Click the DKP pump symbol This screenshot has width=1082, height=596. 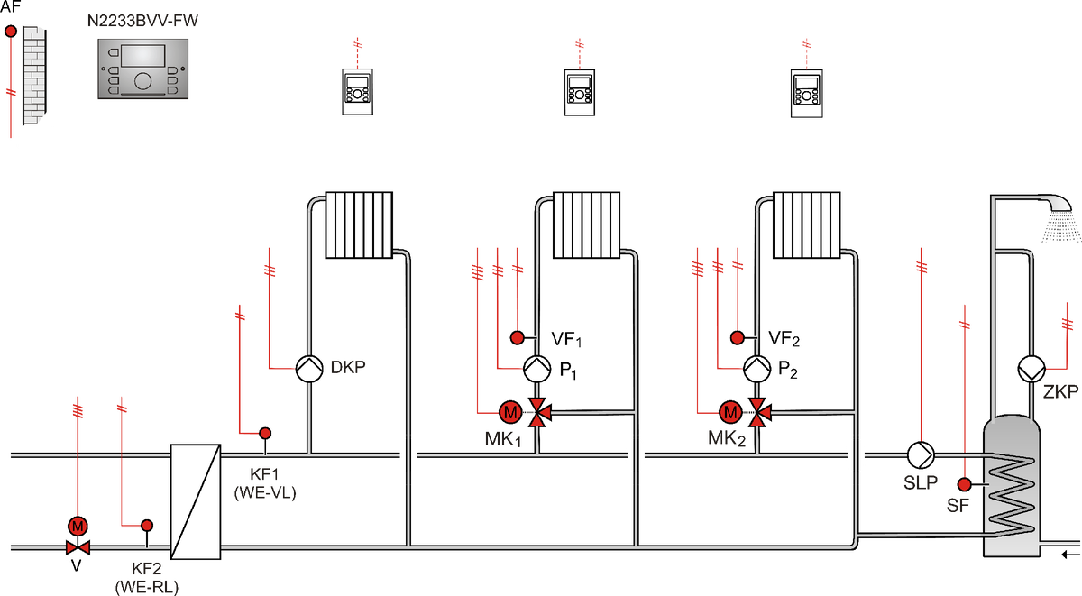click(309, 369)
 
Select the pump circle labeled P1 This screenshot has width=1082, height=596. click(537, 369)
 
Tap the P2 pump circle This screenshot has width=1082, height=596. click(756, 369)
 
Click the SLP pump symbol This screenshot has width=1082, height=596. click(921, 455)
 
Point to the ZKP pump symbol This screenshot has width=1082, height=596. click(1032, 369)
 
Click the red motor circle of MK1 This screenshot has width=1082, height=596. click(510, 412)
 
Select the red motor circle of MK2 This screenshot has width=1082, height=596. click(730, 412)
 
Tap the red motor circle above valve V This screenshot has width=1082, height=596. click(78, 526)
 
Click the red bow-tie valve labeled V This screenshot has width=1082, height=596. click(78, 547)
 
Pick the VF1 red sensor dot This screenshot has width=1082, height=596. click(518, 337)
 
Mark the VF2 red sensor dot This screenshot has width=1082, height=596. click(738, 337)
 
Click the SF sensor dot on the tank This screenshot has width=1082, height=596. click(965, 484)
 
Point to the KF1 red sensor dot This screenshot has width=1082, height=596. click(265, 433)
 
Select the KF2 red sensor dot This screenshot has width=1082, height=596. click(147, 525)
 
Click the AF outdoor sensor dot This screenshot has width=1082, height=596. click(11, 32)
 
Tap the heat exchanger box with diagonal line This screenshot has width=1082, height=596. click(196, 502)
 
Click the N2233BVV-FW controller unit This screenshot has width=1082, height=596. click(143, 69)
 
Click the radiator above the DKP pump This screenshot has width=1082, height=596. click(359, 225)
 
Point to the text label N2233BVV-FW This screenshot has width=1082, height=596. click(142, 21)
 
